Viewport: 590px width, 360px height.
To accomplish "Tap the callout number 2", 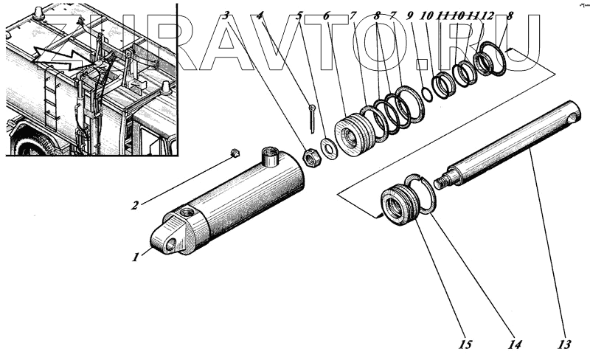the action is point(135,204).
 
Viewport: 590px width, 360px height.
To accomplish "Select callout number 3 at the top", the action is point(227,15).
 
